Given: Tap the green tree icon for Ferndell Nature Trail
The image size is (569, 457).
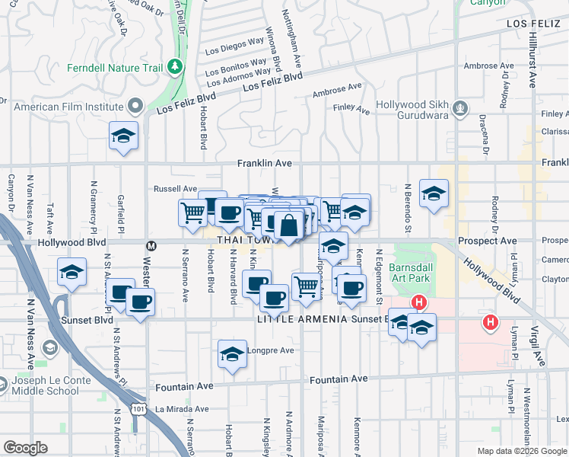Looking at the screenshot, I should pos(176,67).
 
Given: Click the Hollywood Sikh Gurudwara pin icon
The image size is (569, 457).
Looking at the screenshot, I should pos(459,109).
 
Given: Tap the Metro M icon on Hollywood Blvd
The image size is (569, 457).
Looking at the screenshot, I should pos(151,245).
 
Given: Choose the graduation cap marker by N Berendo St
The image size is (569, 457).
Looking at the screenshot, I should pos(434,194).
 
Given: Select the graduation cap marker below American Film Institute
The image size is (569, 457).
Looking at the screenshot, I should pos(123,137).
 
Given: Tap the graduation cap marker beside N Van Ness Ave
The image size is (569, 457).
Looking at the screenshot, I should pos(72,273).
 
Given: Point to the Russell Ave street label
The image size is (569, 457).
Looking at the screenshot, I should pos(176,188).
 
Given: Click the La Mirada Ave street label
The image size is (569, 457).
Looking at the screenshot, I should pos(182,409).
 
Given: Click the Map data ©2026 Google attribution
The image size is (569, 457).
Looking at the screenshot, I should pos(522,451).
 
